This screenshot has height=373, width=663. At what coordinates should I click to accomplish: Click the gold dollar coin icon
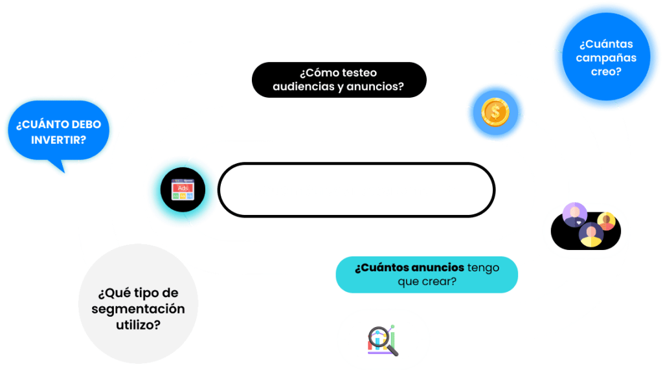click(495, 113)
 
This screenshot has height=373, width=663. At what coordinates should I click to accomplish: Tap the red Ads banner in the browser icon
click(183, 186)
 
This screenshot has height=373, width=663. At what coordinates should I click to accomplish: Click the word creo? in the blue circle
click(605, 72)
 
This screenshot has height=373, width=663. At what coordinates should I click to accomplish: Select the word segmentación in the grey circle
click(138, 309)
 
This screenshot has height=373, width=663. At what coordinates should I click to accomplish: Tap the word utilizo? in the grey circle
click(138, 324)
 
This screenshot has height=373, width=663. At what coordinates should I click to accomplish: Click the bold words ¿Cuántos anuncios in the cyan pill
click(409, 267)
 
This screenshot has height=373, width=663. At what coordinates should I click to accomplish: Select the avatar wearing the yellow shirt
click(590, 235)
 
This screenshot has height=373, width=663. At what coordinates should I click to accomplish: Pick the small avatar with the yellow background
click(607, 221)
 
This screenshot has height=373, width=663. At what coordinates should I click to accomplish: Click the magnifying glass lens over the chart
click(379, 338)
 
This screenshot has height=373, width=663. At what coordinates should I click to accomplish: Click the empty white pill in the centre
click(355, 190)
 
